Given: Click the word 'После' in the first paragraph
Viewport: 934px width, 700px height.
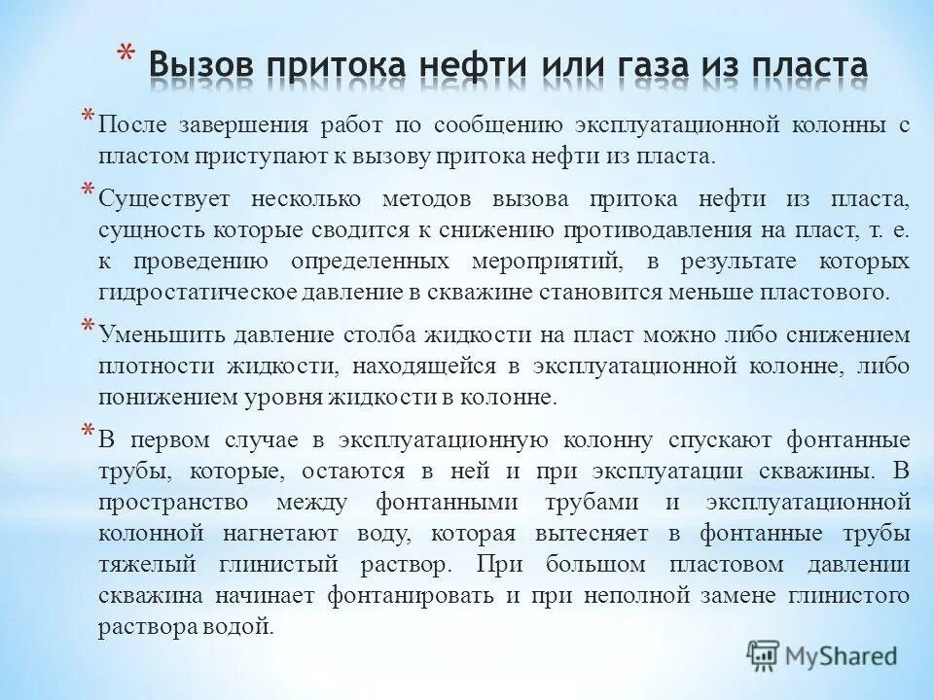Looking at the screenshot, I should click(132, 126).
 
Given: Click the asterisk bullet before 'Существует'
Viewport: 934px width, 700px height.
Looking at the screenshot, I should click(88, 190).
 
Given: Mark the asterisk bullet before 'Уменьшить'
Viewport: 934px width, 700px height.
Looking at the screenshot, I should click(88, 326).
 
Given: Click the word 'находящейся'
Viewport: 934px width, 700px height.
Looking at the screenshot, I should click(451, 367).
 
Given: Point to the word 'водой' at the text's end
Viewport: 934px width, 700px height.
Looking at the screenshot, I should click(243, 625).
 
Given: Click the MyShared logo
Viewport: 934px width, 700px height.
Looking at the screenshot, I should click(821, 653).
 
